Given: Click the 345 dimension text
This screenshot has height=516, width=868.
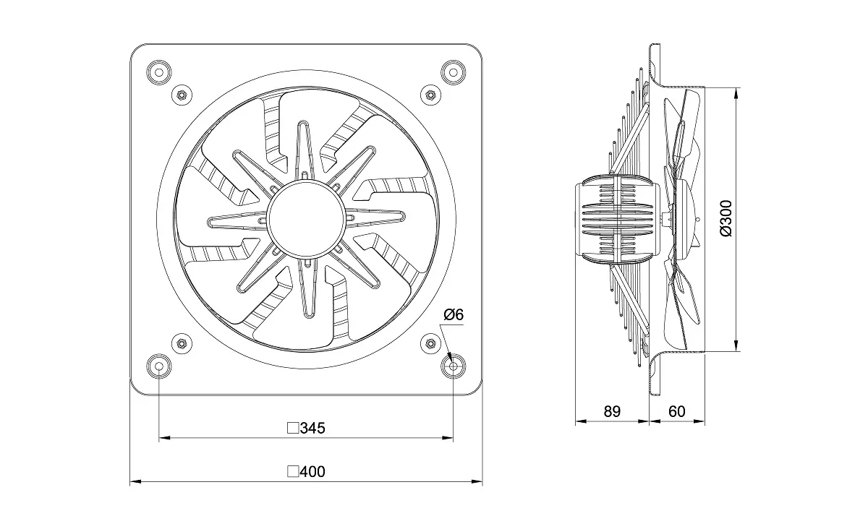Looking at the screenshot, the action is click(312, 428).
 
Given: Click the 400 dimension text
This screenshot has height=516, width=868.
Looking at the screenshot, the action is click(312, 471).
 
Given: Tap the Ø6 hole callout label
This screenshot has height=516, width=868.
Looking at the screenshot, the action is click(454, 314).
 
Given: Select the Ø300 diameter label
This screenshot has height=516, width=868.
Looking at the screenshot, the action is click(726, 218).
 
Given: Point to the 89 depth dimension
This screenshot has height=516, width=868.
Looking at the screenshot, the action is click(612, 411).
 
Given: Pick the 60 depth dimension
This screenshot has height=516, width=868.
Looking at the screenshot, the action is click(676, 411).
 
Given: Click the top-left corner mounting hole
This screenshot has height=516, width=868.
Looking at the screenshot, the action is click(159, 72).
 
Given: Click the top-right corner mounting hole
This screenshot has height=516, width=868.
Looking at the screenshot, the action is click(454, 72).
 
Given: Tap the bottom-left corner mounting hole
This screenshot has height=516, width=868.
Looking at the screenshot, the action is click(159, 366).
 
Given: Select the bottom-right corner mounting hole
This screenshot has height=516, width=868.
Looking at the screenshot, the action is click(454, 366).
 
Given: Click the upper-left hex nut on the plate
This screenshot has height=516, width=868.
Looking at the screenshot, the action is click(182, 95).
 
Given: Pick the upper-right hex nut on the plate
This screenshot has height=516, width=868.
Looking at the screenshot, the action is click(430, 95).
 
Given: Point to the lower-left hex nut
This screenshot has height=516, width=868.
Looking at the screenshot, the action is click(182, 343).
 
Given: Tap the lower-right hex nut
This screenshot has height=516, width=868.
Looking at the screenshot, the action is click(430, 343).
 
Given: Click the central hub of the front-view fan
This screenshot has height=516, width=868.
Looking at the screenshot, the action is click(306, 219).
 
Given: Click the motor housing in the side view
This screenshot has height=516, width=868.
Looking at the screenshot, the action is click(617, 219).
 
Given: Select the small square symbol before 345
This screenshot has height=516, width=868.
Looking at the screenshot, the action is click(293, 428).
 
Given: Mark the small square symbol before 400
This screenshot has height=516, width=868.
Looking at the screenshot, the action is click(293, 471).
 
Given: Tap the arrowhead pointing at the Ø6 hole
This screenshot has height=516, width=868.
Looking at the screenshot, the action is click(449, 356).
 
